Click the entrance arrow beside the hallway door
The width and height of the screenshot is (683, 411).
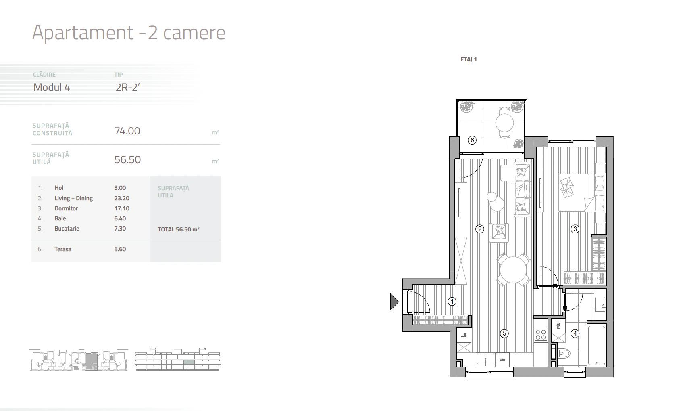click(394, 302)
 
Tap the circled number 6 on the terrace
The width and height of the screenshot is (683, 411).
click(472, 140)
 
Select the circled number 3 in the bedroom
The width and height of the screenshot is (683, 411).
click(575, 229)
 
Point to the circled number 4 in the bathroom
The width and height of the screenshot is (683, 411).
click(575, 333)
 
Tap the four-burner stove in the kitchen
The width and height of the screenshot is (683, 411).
click(540, 335)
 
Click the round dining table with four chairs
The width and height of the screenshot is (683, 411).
click(512, 270)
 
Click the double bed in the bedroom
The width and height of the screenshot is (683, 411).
click(579, 192)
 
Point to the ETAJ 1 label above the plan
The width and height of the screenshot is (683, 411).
click(469, 59)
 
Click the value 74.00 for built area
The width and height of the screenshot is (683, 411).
click(127, 131)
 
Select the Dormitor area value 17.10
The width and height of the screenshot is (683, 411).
click(120, 208)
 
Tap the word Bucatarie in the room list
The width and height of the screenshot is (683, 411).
click(67, 229)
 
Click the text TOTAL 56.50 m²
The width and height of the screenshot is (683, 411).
click(179, 229)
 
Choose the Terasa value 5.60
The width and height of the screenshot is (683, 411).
click(120, 249)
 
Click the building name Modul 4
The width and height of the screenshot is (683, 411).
click(52, 87)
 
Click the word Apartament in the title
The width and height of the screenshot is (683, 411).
click(83, 32)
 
